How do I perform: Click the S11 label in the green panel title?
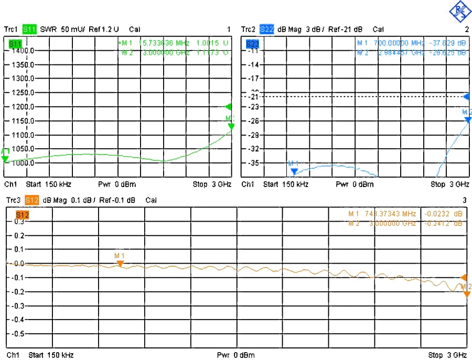[x=29, y=29]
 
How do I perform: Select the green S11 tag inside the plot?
[x=16, y=44]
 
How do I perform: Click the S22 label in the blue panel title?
[x=267, y=29]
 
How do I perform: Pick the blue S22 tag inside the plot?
[x=252, y=44]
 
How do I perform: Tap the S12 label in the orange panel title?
[x=31, y=200]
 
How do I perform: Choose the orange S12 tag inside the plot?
[x=22, y=214]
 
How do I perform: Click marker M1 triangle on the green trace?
[x=5, y=158]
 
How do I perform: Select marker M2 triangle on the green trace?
[x=231, y=126]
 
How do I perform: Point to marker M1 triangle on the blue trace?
[x=294, y=171]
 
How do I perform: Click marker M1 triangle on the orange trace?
[x=120, y=263]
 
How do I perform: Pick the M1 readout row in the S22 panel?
[x=411, y=42]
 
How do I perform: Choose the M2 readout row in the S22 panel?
[x=411, y=52]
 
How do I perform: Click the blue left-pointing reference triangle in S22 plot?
[x=466, y=98]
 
